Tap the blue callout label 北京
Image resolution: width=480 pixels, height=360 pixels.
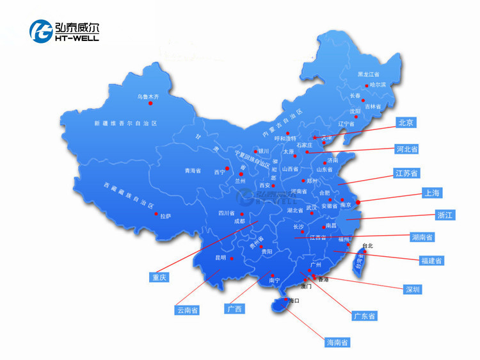[x=406, y=122]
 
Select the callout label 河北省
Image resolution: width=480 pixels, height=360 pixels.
[x=406, y=149]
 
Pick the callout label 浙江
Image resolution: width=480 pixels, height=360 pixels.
[x=444, y=215]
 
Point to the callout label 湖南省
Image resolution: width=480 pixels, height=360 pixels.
[x=422, y=237]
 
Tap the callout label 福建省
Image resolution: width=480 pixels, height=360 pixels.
[x=430, y=261]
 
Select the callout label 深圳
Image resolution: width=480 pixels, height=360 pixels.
[x=412, y=290]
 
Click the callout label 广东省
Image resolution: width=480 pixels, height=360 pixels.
[x=364, y=316]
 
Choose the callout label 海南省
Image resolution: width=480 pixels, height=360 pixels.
[x=337, y=343]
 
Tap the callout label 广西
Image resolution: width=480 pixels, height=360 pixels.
[x=234, y=309]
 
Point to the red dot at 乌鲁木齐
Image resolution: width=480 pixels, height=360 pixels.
[x=150, y=103]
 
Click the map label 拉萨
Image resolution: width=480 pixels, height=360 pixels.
[x=165, y=217]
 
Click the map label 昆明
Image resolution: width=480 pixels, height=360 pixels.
[x=221, y=258]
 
